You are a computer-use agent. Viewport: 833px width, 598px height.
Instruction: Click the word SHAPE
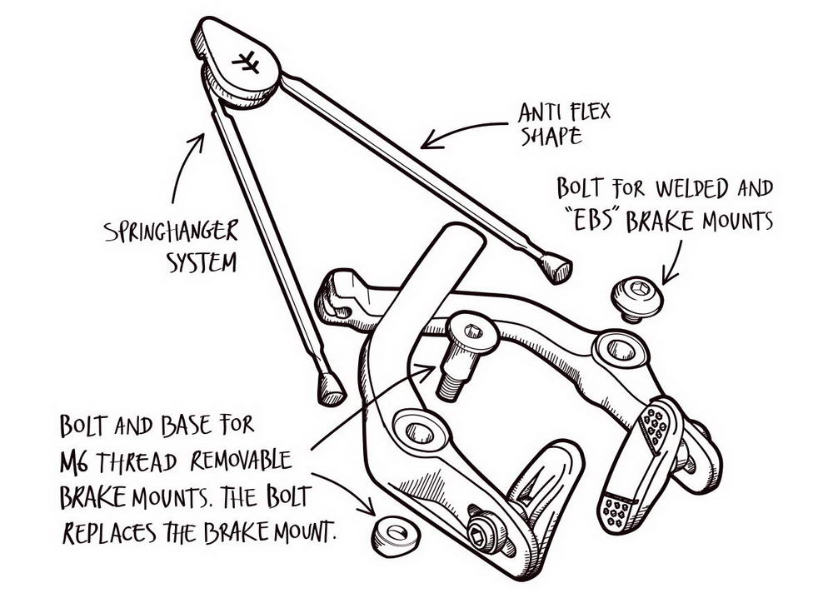551,136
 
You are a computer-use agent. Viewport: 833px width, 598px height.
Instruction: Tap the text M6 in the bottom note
77,461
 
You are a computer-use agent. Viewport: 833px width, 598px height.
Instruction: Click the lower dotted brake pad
617,509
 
